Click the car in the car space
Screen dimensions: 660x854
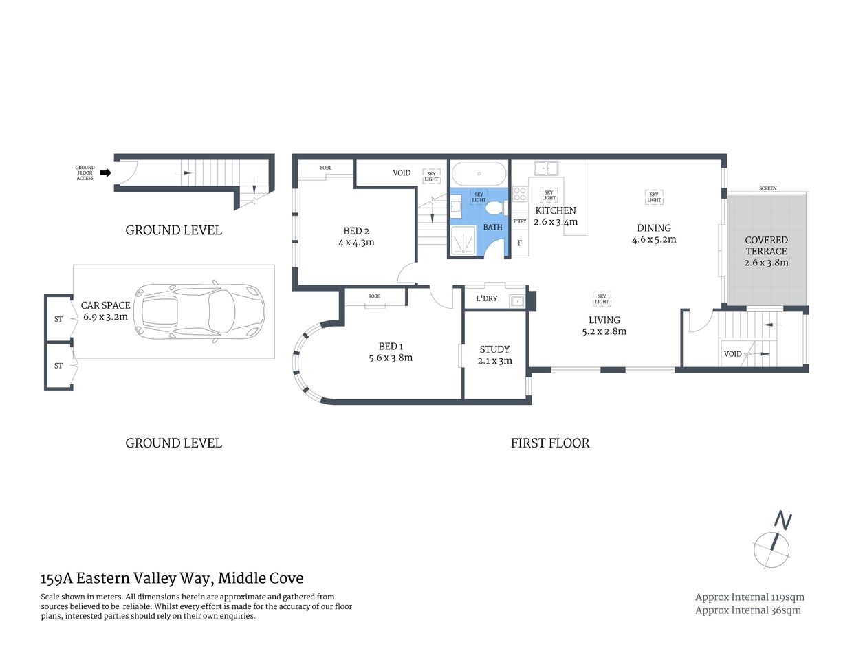[x=199, y=312]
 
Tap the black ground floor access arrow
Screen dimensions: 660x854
[x=105, y=173]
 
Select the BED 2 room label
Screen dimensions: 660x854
[x=356, y=231]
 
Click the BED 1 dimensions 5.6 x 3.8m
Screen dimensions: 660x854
[x=391, y=357]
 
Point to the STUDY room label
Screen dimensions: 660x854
[x=494, y=349]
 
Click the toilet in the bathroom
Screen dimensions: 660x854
[x=494, y=208]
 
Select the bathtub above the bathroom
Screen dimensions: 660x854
[x=479, y=171]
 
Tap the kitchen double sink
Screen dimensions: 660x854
[x=547, y=167]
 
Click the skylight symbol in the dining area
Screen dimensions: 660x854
[x=654, y=197]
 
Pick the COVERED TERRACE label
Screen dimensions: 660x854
[x=766, y=245]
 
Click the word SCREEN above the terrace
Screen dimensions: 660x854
[x=768, y=188]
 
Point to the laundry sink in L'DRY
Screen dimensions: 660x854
[x=516, y=300]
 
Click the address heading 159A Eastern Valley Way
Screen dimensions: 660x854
[x=172, y=578]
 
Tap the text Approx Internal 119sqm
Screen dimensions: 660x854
[x=749, y=597]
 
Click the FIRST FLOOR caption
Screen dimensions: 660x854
[x=550, y=443]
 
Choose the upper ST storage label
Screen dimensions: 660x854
[x=58, y=319]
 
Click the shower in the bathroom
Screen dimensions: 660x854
[x=466, y=241]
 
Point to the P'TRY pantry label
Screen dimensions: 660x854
[x=520, y=221]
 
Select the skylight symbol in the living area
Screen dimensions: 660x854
[x=602, y=298]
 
